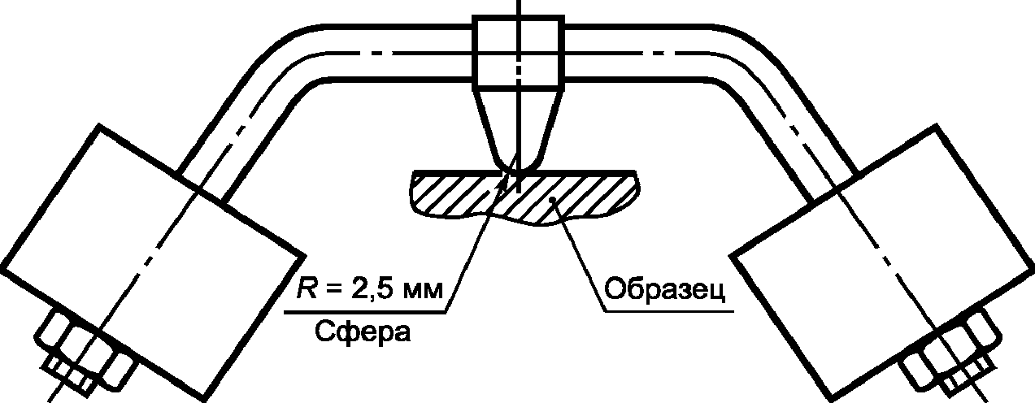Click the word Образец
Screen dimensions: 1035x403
pyautogui.click(x=662, y=292)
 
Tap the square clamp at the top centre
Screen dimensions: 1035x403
pyautogui.click(x=518, y=54)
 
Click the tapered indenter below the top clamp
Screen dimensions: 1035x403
pyautogui.click(x=518, y=126)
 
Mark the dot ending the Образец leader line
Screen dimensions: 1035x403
pyautogui.click(x=552, y=200)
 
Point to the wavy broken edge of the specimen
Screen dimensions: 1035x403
pyautogui.click(x=520, y=214)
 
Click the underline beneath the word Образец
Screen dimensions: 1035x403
pyautogui.click(x=667, y=310)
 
